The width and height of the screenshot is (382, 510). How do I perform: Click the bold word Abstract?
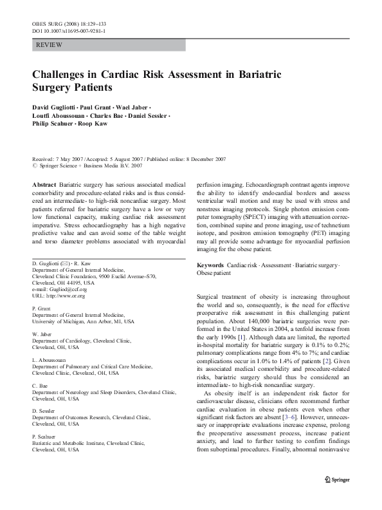pos(44,184)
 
